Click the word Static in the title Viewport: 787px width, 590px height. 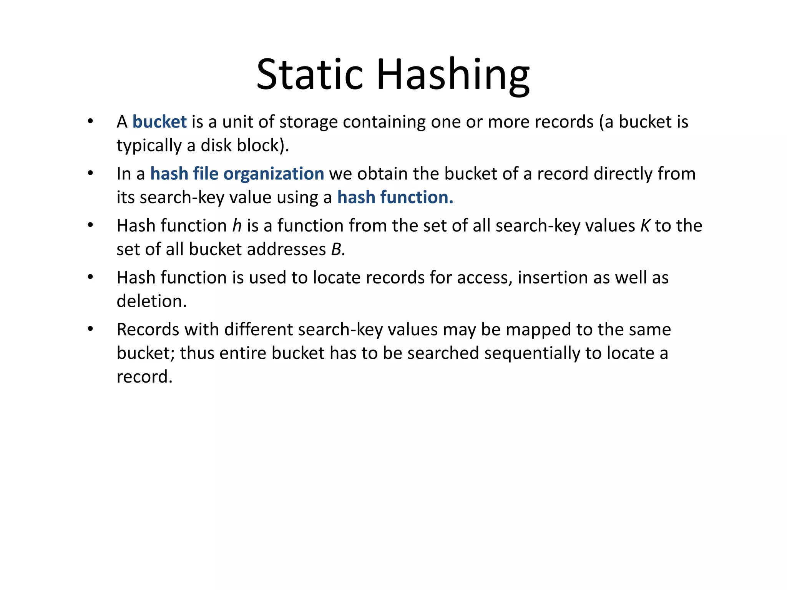pos(309,75)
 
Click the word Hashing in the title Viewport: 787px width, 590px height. pos(453,75)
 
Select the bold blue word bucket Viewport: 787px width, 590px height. pos(159,122)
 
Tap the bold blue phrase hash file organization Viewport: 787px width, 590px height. pos(237,174)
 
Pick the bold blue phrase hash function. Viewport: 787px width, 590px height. pos(395,197)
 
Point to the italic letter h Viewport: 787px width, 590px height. pos(237,226)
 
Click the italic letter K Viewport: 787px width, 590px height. pos(645,226)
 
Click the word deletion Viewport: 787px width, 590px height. pos(151,302)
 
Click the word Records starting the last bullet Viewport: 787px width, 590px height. pos(148,330)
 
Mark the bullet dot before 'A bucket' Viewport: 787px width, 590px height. pos(90,122)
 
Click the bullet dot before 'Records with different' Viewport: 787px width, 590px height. pos(90,329)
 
